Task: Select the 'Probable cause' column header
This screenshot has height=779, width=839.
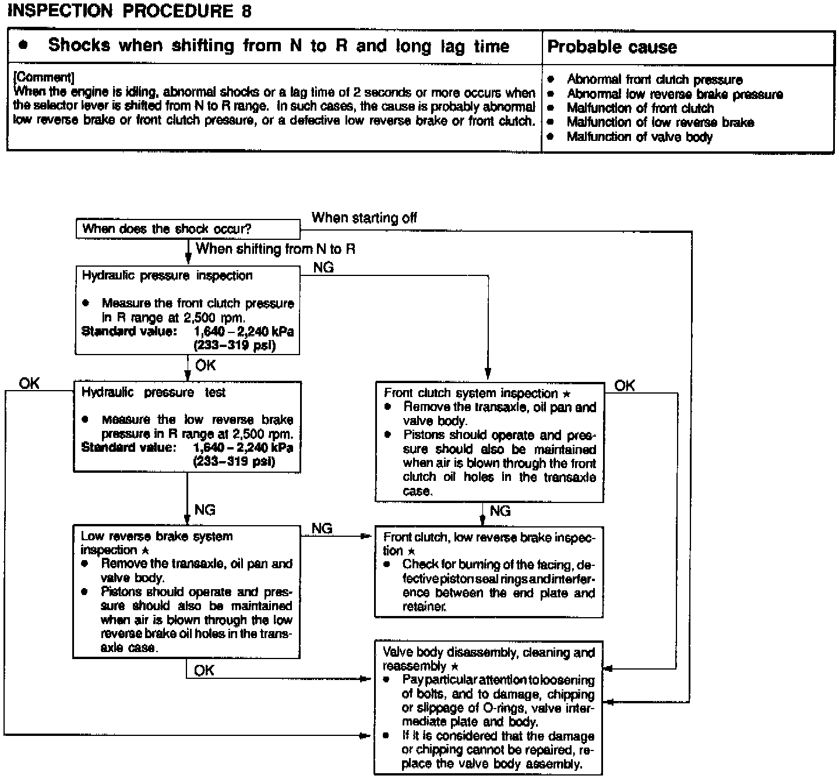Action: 612,47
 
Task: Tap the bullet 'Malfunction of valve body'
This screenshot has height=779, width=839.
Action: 639,137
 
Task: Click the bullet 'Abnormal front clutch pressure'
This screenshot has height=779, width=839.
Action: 654,80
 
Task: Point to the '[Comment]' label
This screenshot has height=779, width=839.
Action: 43,78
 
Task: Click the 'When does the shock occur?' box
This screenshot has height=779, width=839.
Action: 188,229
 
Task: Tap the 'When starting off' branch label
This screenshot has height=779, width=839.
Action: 364,218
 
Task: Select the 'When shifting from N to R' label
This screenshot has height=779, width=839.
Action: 275,249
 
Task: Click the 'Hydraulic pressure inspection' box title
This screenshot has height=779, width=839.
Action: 167,276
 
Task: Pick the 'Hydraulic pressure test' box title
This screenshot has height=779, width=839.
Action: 153,393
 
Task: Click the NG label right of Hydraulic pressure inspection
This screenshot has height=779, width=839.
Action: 323,268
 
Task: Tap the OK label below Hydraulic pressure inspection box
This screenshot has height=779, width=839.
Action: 205,366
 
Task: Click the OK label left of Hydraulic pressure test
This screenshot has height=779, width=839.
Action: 29,383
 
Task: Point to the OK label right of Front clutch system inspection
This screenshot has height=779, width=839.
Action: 625,385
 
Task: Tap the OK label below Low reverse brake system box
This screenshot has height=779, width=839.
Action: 204,671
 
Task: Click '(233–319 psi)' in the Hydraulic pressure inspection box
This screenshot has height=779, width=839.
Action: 234,345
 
